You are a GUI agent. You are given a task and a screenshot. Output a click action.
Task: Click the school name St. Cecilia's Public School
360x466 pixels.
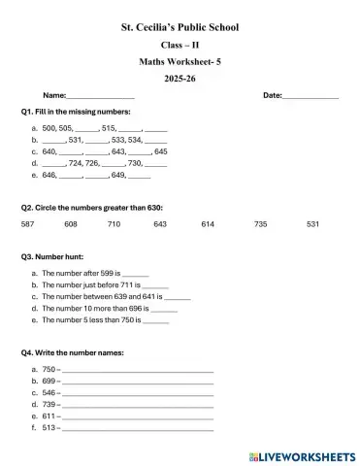pos(180,27)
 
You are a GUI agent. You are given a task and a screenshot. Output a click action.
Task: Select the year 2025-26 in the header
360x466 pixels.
pos(180,78)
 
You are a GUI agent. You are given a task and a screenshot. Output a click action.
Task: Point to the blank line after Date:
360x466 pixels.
pos(311,97)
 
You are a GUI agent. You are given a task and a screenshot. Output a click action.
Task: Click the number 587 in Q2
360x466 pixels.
pos(27,224)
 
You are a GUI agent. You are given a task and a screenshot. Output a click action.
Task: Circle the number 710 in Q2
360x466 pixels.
pos(114,224)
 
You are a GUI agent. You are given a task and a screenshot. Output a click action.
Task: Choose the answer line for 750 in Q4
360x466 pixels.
pos(136,371)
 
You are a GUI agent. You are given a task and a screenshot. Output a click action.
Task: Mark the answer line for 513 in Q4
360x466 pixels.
pos(136,428)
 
